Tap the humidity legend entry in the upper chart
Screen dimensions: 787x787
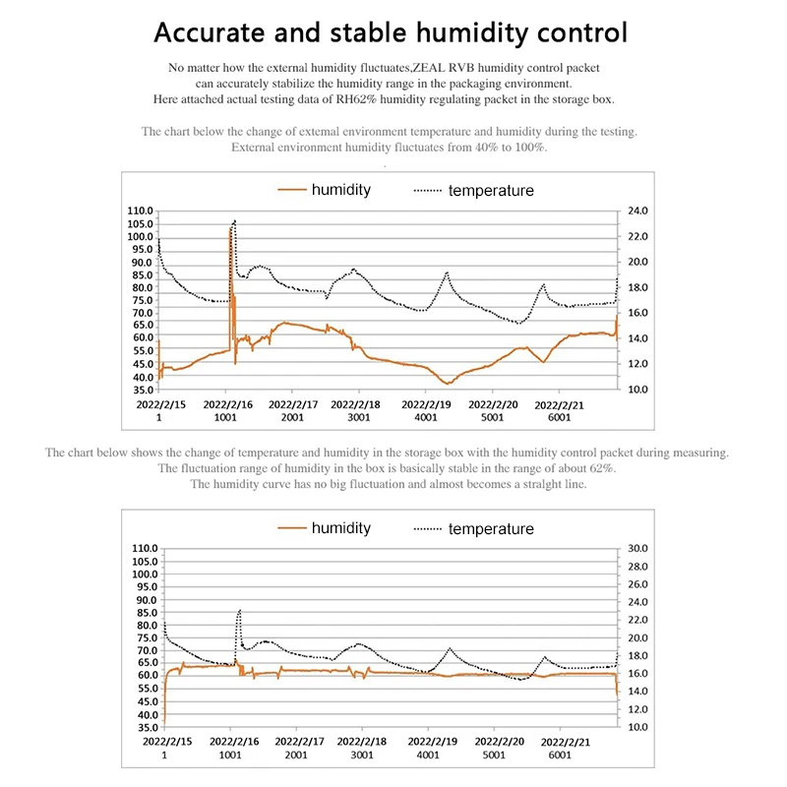click(x=340, y=190)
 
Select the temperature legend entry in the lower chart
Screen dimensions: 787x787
click(x=491, y=529)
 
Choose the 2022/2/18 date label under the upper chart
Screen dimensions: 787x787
click(x=361, y=404)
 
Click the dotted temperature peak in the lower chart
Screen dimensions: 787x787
click(x=239, y=611)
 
